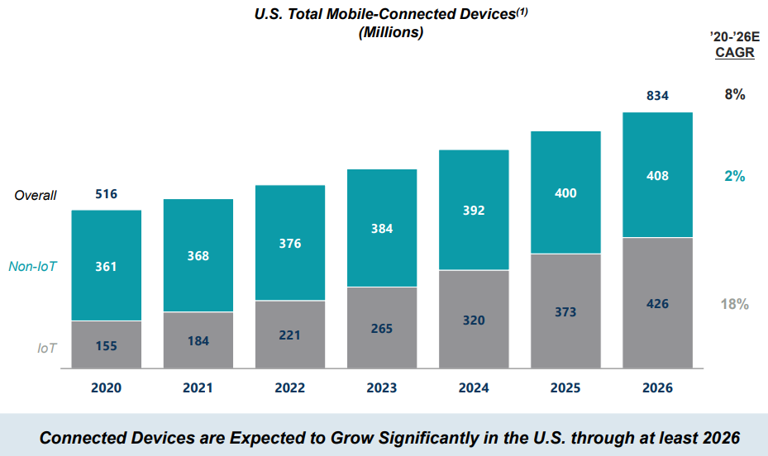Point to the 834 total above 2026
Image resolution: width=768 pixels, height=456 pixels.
(x=658, y=96)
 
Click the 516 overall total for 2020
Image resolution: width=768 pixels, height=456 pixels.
(x=106, y=194)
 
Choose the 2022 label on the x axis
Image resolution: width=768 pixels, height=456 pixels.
(x=289, y=387)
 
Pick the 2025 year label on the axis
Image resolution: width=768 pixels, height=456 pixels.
(x=565, y=387)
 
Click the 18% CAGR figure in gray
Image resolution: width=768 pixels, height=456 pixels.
(x=734, y=304)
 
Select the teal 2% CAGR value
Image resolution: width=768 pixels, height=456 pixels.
(x=735, y=176)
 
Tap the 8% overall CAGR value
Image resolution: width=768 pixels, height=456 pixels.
(x=735, y=94)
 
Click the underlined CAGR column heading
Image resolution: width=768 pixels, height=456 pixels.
(x=734, y=53)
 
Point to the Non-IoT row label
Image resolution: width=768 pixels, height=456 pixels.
(x=32, y=266)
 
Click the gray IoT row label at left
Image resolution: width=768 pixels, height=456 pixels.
(x=46, y=348)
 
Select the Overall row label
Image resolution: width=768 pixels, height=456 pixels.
(x=36, y=196)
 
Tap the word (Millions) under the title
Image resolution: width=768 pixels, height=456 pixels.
(x=391, y=33)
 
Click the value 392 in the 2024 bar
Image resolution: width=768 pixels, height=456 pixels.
(x=474, y=210)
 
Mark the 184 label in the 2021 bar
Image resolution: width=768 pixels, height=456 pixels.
(x=198, y=340)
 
